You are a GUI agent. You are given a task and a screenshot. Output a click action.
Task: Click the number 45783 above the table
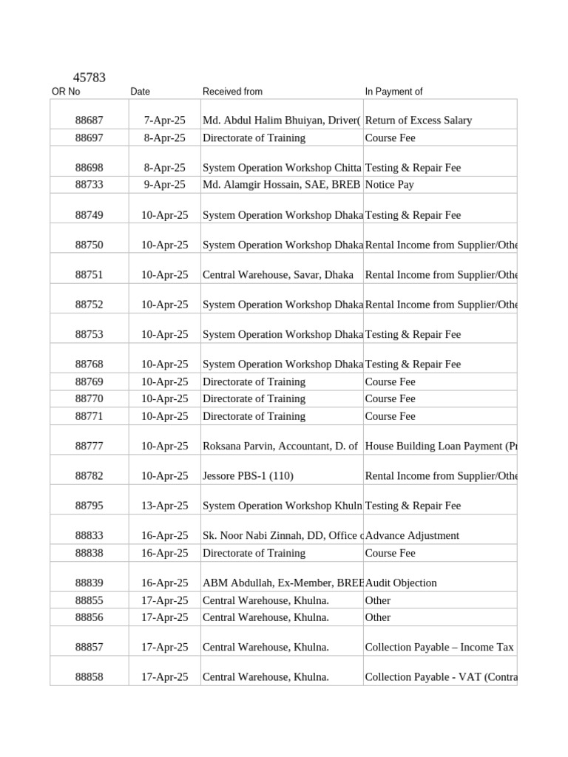coord(89,77)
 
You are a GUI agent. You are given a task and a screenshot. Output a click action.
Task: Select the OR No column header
coord(66,92)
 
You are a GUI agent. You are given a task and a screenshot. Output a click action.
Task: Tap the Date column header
coord(140,92)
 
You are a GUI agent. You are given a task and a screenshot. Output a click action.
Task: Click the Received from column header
coord(232,92)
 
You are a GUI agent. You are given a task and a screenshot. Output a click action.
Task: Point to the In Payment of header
coord(393,92)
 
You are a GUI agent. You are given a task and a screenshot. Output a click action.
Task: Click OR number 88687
coord(89,120)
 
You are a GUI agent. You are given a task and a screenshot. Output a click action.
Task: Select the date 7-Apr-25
coord(165,120)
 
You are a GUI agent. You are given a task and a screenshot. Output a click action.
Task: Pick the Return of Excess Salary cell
coord(419,120)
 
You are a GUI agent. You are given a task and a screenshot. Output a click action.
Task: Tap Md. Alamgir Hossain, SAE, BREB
coord(282,185)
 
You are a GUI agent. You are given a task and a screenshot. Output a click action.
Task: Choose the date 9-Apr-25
coord(165,185)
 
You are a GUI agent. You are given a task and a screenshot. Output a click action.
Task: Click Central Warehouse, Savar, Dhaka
coord(278,275)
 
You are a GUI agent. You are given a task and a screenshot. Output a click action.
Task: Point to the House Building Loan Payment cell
coord(441,447)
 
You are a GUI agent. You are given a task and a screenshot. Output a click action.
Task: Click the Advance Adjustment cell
coord(413,536)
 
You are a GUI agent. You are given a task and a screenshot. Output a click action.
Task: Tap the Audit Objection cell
coord(402,583)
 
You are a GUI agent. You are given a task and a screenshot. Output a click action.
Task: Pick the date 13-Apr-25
coord(165,506)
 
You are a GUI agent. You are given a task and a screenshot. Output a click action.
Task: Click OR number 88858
coord(89,677)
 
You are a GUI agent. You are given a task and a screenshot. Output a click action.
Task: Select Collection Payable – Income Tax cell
coord(439,648)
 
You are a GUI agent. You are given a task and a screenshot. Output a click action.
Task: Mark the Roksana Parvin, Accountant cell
coord(280,447)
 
